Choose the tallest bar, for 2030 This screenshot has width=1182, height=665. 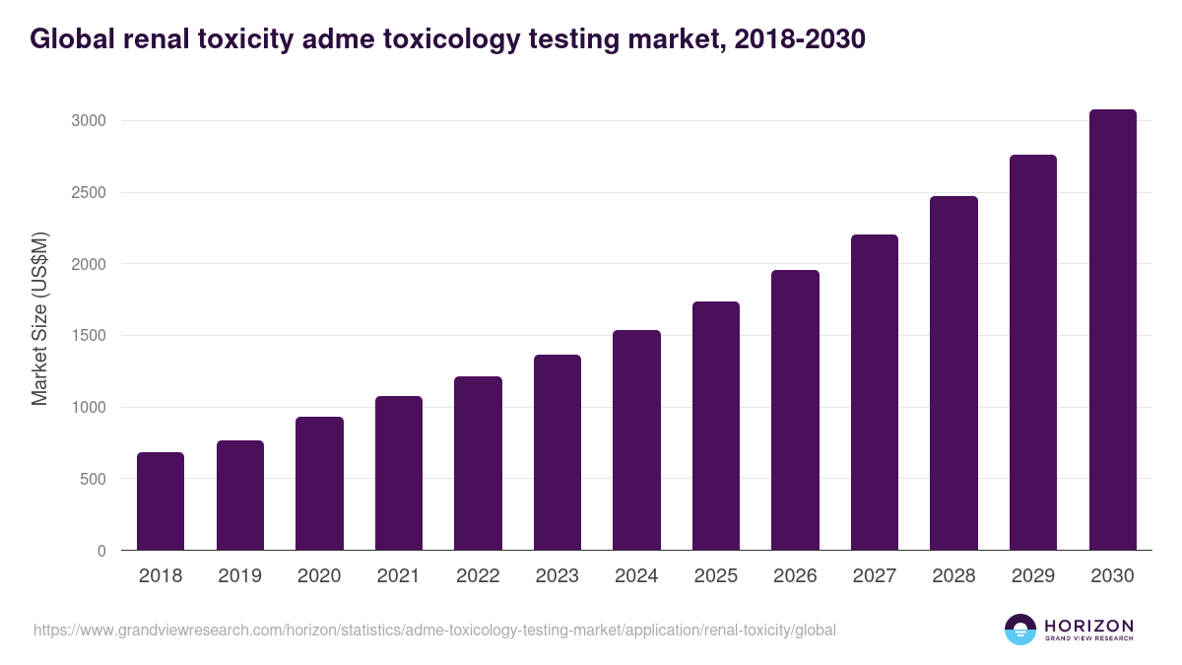click(1112, 329)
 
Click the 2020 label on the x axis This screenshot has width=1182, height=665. click(319, 576)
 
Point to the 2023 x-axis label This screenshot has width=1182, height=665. click(558, 576)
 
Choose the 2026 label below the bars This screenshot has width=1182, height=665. click(795, 576)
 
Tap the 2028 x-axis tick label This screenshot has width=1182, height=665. click(953, 576)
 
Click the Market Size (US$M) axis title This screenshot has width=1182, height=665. click(39, 318)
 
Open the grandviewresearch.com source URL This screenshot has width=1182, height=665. click(434, 630)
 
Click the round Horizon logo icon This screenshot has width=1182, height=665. click(1020, 630)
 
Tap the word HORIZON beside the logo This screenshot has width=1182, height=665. click(1088, 625)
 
